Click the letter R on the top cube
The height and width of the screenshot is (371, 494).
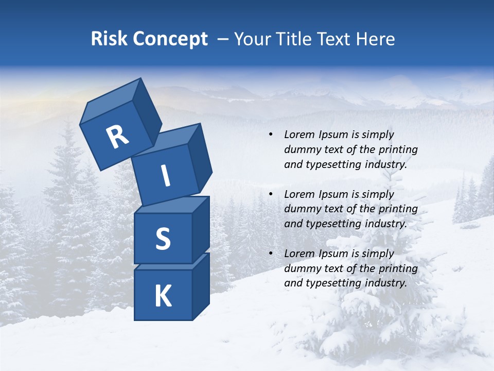coord(117,137)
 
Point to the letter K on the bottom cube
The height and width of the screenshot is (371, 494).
coord(163,296)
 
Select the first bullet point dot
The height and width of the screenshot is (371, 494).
coord(271,135)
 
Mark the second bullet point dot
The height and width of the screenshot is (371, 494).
coord(271,194)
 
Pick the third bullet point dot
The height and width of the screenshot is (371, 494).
coord(271,254)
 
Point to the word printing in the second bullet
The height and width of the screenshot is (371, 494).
coord(398,209)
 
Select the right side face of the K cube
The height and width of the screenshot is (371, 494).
coord(201,286)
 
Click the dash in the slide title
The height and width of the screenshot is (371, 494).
coord(223,39)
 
